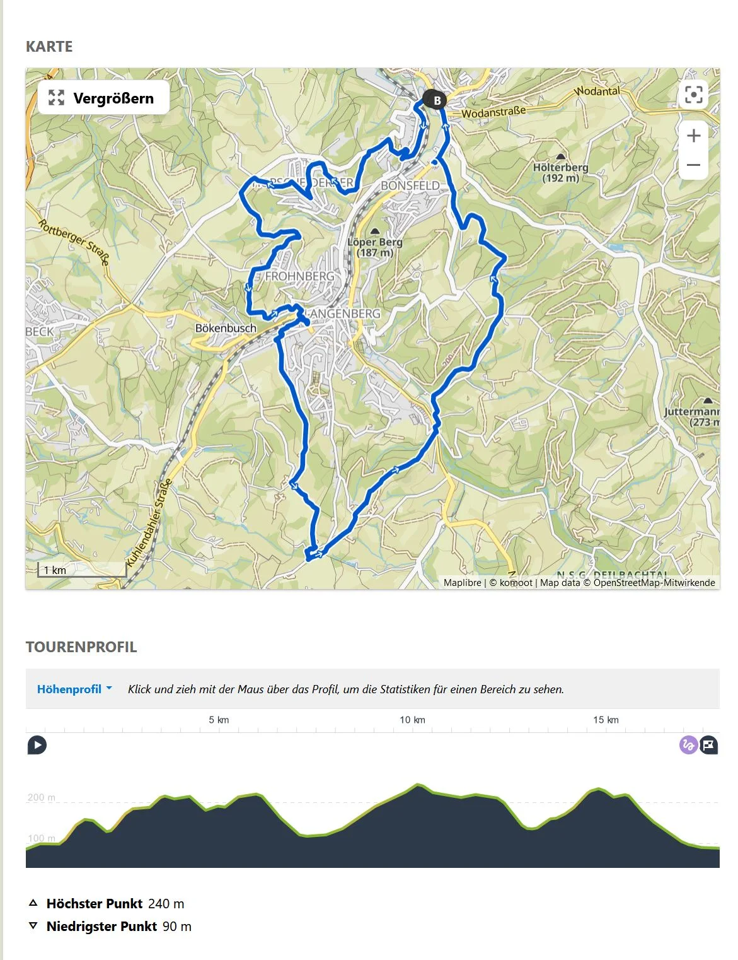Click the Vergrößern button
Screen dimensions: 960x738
103,98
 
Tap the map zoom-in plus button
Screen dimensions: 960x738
693,136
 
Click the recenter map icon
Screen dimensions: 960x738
693,95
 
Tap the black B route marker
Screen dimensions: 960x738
434,100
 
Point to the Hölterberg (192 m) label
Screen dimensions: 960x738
560,172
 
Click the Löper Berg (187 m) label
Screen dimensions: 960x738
375,247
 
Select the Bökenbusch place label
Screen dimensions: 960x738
226,328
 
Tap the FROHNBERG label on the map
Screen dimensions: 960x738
299,276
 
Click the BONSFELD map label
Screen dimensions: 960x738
410,185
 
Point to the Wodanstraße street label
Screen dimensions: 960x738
493,112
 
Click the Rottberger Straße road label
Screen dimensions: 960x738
74,241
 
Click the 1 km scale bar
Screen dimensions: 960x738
81,570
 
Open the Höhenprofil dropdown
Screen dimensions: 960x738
74,689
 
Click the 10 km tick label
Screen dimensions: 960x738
412,720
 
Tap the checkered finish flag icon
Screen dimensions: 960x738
709,745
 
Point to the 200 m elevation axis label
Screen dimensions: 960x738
41,797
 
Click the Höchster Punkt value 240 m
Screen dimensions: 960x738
166,904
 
